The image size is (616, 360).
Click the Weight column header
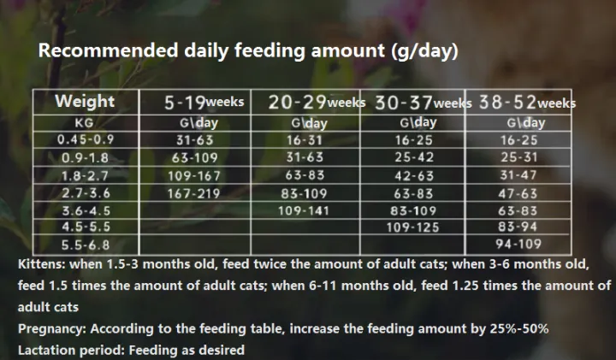coord(84,102)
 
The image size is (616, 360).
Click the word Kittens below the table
coord(42,264)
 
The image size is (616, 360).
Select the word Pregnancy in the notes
coord(50,329)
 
